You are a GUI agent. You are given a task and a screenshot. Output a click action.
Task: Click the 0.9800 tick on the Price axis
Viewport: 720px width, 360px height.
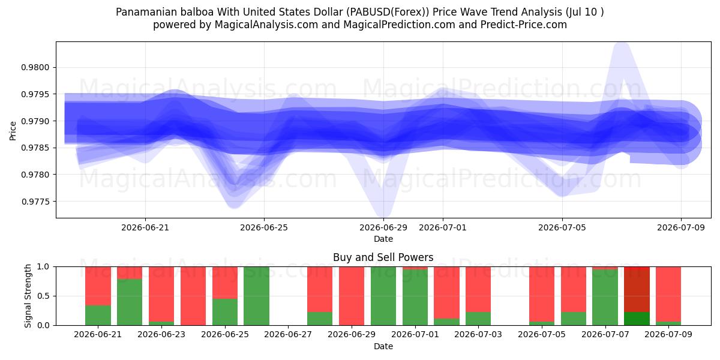(x=35, y=67)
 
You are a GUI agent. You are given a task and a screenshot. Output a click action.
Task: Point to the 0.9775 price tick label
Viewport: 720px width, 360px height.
(x=35, y=202)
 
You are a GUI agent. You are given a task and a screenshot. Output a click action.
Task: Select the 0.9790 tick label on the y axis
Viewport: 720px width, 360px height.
(x=35, y=121)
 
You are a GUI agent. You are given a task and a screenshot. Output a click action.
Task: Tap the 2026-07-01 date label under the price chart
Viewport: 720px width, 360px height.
(x=443, y=227)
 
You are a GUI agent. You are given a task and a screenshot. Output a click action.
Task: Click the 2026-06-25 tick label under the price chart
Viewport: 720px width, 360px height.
(x=264, y=227)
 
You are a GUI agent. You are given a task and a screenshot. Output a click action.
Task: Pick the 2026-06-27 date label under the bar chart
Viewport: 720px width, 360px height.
(x=288, y=334)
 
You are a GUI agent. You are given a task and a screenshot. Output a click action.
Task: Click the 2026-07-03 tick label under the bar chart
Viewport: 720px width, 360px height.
(x=478, y=334)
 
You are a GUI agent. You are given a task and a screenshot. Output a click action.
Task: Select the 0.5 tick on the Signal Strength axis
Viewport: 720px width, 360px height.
(x=43, y=296)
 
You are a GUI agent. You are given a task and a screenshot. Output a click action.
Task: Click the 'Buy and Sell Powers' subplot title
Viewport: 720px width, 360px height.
(x=383, y=257)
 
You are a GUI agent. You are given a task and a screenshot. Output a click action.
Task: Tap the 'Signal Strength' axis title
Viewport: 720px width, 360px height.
(x=28, y=296)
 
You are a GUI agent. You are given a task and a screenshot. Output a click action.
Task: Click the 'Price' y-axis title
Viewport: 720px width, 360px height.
(x=13, y=131)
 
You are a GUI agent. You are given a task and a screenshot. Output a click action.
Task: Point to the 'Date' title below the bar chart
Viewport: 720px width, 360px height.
(x=383, y=346)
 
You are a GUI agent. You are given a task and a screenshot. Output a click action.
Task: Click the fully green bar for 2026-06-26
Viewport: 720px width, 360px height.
(x=257, y=296)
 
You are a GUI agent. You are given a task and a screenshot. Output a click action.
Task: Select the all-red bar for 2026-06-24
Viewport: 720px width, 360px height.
(x=193, y=296)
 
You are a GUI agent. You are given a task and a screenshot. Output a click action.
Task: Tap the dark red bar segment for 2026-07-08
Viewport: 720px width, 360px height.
(x=637, y=289)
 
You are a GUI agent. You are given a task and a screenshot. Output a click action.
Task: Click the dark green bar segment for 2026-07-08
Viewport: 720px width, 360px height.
(x=637, y=319)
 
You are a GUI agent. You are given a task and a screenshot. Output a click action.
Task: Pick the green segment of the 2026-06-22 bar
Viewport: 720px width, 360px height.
(x=130, y=302)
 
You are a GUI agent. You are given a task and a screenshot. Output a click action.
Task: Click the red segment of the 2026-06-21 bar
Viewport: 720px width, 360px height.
(x=98, y=286)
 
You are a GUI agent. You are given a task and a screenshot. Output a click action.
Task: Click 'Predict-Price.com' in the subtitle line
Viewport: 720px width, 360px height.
(x=524, y=25)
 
